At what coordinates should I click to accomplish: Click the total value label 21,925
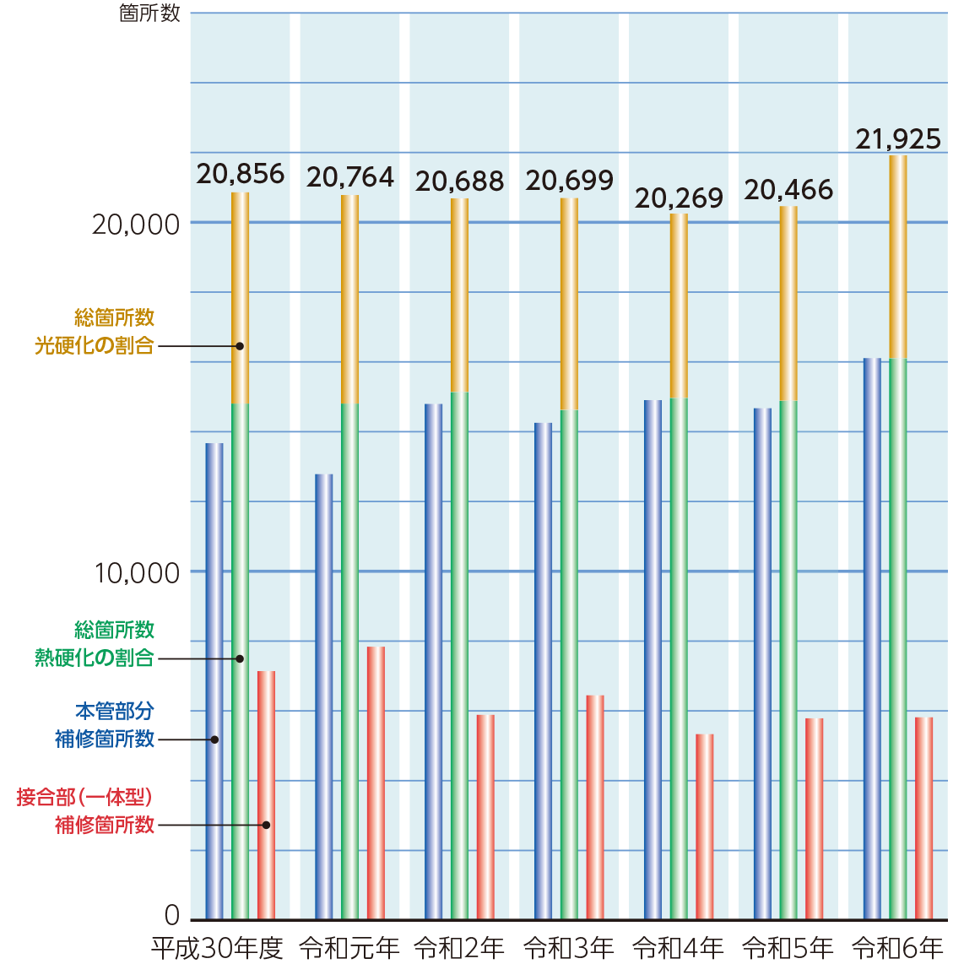pyautogui.click(x=898, y=139)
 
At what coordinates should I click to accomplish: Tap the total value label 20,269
pyautogui.click(x=679, y=198)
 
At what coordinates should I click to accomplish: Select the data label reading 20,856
pyautogui.click(x=241, y=174)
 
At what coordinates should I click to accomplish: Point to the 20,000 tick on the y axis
pyautogui.click(x=136, y=225)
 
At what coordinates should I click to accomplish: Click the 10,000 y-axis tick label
pyautogui.click(x=137, y=573)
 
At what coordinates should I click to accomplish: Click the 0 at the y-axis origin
pyautogui.click(x=172, y=915)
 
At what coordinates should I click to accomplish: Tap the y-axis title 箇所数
pyautogui.click(x=149, y=14)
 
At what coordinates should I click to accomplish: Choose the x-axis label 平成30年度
pyautogui.click(x=217, y=948)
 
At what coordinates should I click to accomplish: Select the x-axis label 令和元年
pyautogui.click(x=349, y=948)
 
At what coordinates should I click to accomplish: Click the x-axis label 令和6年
pyautogui.click(x=897, y=948)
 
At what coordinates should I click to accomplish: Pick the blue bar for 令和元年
pyautogui.click(x=324, y=696)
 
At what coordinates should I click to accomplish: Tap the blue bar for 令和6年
pyautogui.click(x=872, y=638)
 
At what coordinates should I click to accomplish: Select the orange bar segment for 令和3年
pyautogui.click(x=569, y=304)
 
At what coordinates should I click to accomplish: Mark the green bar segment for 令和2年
pyautogui.click(x=459, y=654)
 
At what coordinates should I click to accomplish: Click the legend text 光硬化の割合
pyautogui.click(x=94, y=345)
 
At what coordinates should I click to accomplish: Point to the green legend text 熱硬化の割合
pyautogui.click(x=94, y=658)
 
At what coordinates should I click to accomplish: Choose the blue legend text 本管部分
pyautogui.click(x=115, y=712)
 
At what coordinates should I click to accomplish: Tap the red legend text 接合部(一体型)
pyautogui.click(x=84, y=797)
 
